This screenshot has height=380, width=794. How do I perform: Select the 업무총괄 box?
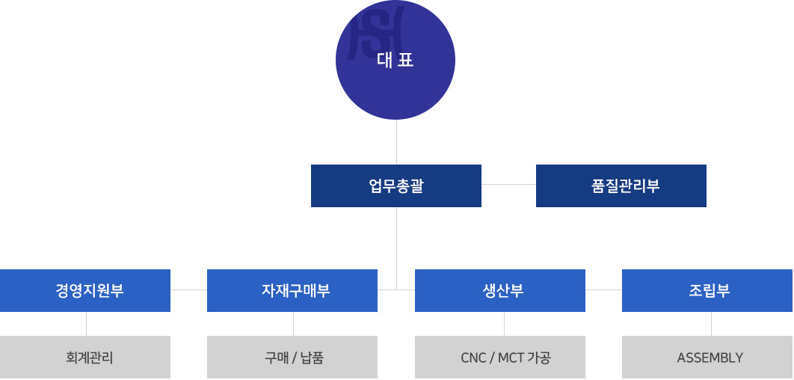(396, 186)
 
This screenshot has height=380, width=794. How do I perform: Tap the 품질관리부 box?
(621, 186)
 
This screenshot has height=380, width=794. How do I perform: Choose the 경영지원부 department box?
(85, 290)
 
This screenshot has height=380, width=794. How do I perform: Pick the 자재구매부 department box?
(292, 290)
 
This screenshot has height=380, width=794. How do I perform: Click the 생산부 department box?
(500, 290)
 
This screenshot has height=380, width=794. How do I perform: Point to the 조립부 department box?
(707, 290)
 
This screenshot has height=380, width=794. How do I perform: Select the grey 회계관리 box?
(85, 358)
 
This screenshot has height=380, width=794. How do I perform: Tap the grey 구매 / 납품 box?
(292, 358)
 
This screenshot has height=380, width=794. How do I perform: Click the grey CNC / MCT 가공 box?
(500, 358)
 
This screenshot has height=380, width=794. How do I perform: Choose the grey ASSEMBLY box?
(707, 358)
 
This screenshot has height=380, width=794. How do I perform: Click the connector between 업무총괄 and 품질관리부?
(508, 184)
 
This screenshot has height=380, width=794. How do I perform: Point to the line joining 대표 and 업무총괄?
(396, 142)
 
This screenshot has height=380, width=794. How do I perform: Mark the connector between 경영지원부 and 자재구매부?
(188, 289)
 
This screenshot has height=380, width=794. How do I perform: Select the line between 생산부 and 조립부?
(603, 289)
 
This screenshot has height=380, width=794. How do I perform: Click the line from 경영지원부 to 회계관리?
(86, 324)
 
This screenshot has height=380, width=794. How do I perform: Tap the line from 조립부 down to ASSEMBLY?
(711, 324)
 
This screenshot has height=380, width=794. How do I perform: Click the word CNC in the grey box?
(473, 358)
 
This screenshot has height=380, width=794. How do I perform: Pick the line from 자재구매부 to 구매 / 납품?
(293, 324)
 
